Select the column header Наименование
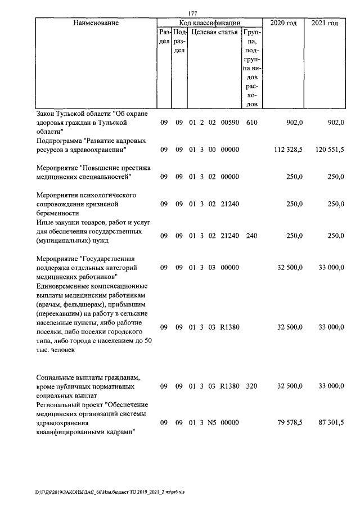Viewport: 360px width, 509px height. (x=96, y=23)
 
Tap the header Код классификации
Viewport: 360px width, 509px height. (x=210, y=23)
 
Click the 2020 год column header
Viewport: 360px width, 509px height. (x=284, y=23)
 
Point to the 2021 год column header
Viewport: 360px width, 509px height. (x=325, y=23)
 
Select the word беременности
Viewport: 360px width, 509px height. (x=57, y=213)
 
